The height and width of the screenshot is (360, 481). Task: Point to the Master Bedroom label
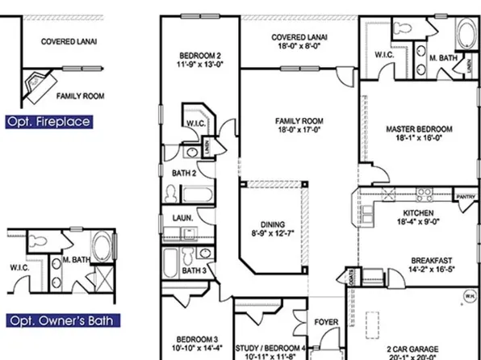(x=418, y=134)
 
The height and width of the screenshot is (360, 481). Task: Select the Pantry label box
(x=466, y=196)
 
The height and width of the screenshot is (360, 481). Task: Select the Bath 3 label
(x=192, y=270)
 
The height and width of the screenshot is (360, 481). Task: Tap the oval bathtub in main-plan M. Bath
(x=466, y=38)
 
